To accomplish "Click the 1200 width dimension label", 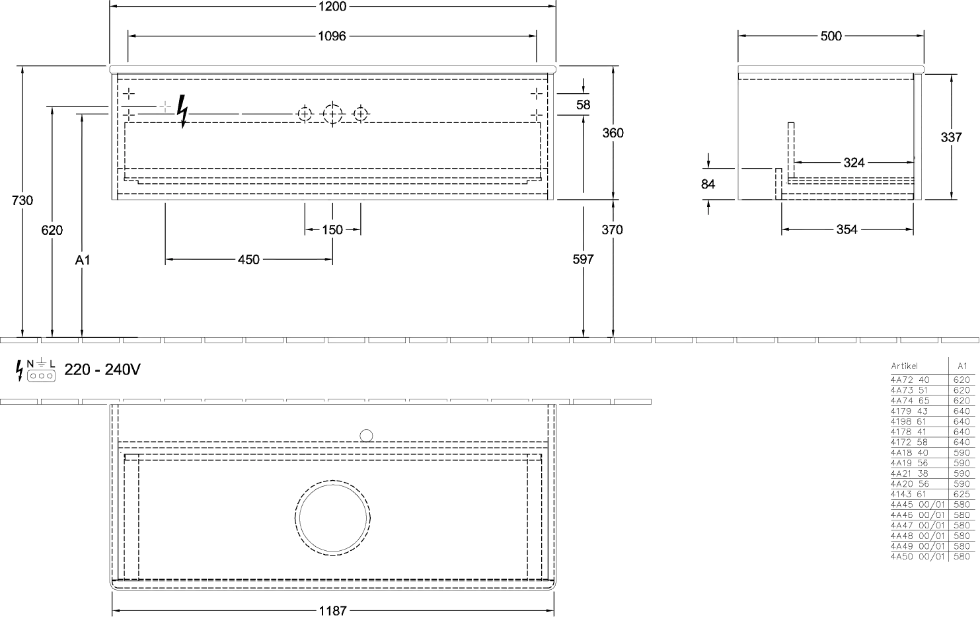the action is (x=332, y=7).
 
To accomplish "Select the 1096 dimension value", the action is (x=332, y=36).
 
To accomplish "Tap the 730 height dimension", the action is (x=22, y=200).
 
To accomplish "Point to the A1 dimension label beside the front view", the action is (x=82, y=260).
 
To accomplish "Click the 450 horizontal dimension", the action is (x=248, y=260).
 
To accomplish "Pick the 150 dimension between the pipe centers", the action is (x=332, y=229).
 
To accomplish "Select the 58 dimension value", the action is (x=584, y=104).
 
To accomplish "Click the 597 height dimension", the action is (x=584, y=259).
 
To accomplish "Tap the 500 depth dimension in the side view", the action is (x=831, y=36).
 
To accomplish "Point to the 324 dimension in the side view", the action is (x=854, y=163).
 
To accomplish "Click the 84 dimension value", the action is (x=708, y=185).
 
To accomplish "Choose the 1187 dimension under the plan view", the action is (x=332, y=610).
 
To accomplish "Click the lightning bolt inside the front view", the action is (x=182, y=112).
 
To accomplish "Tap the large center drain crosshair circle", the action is (x=332, y=114).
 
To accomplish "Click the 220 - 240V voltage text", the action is (x=102, y=370).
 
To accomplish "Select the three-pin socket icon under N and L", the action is (x=41, y=376).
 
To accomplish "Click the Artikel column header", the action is (x=904, y=366).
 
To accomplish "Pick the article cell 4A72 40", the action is (x=910, y=380).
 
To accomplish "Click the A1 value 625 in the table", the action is (x=961, y=494).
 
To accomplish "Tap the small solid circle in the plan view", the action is (x=366, y=436).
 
